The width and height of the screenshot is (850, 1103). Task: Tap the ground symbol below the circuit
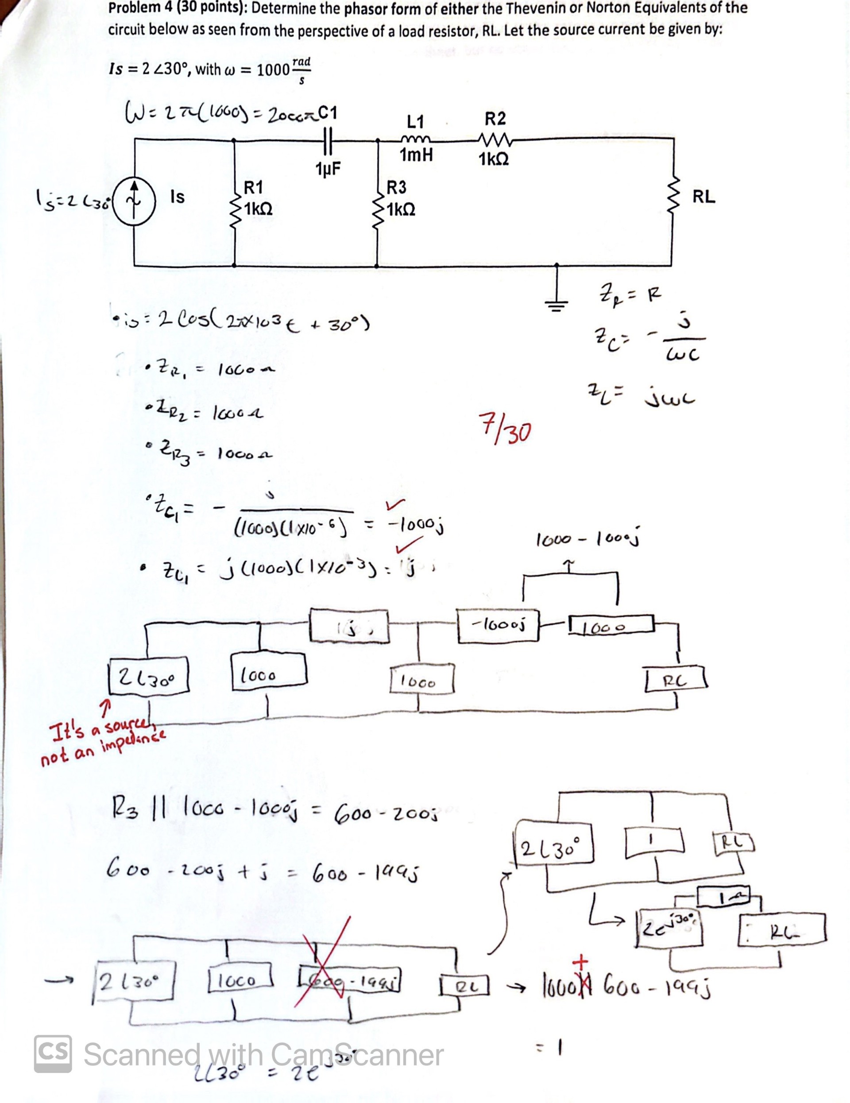coord(556,302)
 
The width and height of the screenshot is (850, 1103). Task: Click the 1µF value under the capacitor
coord(328,169)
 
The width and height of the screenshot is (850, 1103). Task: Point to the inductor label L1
coord(415,121)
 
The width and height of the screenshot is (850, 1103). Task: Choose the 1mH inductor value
coord(416,155)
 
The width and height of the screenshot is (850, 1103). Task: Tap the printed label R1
coord(254,187)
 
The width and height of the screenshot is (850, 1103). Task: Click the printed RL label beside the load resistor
coord(703,197)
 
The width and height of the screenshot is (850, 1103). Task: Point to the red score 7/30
coord(505,428)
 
